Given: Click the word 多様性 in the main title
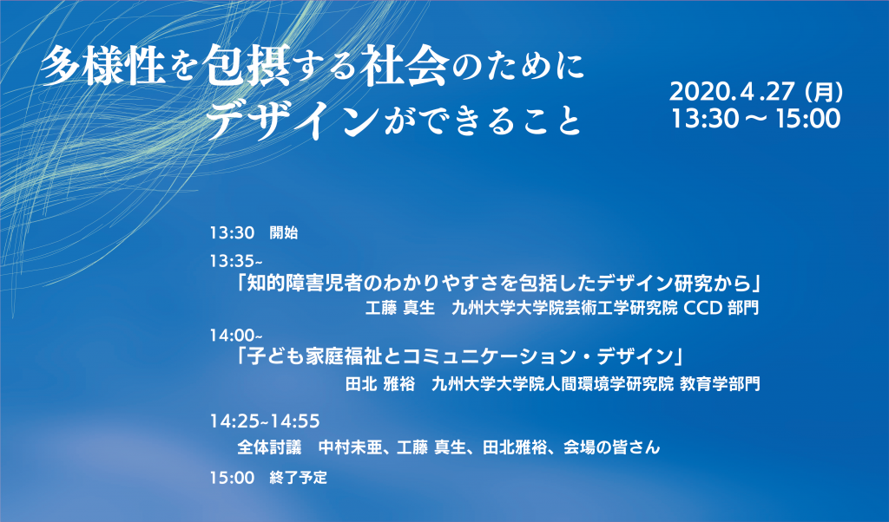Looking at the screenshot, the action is click(x=104, y=67).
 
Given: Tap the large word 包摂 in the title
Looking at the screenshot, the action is click(x=247, y=67).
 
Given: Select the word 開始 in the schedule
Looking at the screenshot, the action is click(x=284, y=232).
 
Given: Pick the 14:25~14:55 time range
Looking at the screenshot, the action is click(x=265, y=421).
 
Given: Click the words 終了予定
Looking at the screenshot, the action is click(x=299, y=477).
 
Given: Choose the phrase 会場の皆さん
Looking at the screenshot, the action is click(x=612, y=447).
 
